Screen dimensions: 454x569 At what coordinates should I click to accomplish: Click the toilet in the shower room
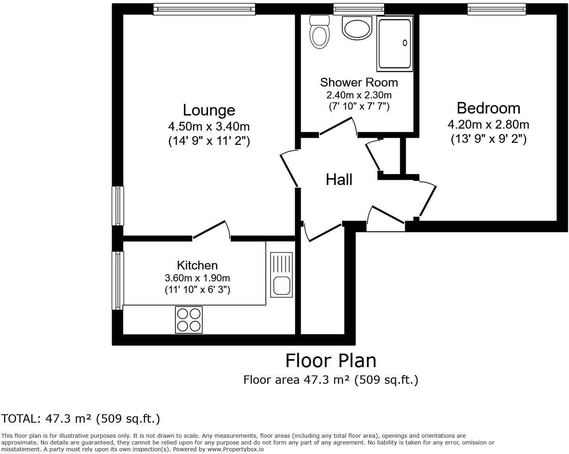[319, 33]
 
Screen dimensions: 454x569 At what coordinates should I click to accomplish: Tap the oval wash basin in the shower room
[357, 29]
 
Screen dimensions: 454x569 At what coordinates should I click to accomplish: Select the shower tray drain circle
[405, 43]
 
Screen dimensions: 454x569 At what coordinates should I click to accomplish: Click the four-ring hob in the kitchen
[189, 320]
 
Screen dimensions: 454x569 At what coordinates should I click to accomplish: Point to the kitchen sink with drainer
[281, 275]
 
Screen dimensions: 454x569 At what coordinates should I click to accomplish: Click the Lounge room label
[209, 110]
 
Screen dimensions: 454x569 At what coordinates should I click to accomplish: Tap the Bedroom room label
[488, 108]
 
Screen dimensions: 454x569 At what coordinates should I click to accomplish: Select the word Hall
[339, 180]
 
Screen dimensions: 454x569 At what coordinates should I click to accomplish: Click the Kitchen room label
[197, 265]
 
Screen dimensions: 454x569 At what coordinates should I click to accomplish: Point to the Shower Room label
[359, 83]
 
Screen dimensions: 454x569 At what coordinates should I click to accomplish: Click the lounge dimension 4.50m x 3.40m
[209, 127]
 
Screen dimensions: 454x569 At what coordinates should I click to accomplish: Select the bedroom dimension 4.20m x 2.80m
[488, 125]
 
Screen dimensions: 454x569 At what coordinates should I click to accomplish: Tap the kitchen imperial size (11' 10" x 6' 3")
[197, 290]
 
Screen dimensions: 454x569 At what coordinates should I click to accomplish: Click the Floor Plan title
[331, 361]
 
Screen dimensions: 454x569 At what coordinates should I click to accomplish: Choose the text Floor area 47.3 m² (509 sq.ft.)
[331, 380]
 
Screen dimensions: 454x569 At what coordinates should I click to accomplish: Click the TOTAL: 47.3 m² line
[81, 419]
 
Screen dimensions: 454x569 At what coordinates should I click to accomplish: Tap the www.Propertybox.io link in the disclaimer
[235, 450]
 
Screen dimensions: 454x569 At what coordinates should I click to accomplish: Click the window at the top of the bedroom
[496, 9]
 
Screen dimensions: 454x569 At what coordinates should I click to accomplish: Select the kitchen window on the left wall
[118, 280]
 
